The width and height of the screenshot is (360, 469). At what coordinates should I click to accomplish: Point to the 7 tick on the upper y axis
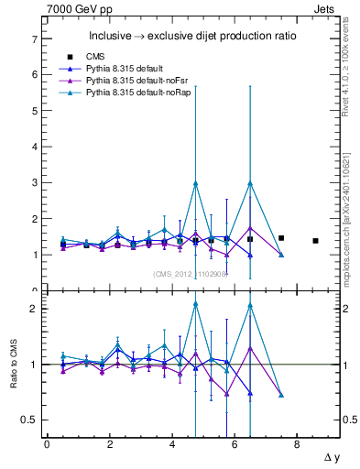pyautogui.click(x=35, y=39)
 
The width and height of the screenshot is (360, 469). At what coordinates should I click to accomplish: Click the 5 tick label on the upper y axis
pyautogui.click(x=35, y=111)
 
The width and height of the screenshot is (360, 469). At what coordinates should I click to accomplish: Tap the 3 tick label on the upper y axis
pyautogui.click(x=35, y=182)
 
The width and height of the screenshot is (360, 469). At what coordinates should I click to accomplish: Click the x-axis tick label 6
pyautogui.click(x=235, y=444)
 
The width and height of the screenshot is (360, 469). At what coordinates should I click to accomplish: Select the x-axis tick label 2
pyautogui.click(x=110, y=444)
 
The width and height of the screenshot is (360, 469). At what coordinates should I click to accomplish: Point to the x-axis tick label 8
pyautogui.click(x=298, y=444)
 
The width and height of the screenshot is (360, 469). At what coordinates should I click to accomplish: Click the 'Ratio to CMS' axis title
pyautogui.click(x=12, y=365)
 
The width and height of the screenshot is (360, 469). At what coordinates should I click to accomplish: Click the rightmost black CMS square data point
pyautogui.click(x=315, y=241)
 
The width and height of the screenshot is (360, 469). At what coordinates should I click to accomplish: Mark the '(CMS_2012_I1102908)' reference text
pyautogui.click(x=190, y=273)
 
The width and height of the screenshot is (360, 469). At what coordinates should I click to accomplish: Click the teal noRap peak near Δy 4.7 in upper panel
pyautogui.click(x=196, y=183)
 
